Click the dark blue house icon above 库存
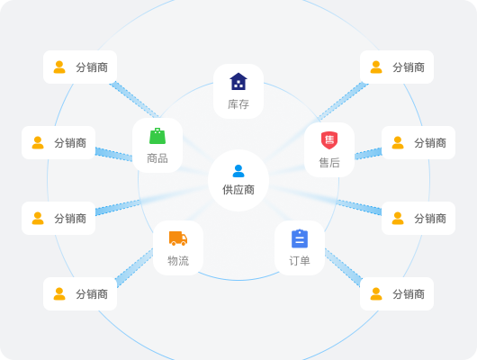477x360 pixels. [238, 81]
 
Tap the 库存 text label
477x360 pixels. [238, 104]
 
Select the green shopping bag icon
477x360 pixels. [157, 136]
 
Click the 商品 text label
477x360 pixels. [157, 158]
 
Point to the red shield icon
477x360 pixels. [329, 140]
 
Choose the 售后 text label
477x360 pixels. [329, 163]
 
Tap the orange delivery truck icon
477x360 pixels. [178, 238]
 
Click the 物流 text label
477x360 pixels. [178, 261]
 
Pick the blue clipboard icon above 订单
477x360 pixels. [300, 238]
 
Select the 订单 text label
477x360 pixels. [300, 261]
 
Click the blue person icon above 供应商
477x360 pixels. [238, 171]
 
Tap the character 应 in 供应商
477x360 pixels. [238, 190]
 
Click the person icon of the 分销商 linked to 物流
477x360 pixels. [59, 294]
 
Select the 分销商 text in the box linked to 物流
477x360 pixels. [92, 294]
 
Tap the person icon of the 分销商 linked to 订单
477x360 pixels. [376, 294]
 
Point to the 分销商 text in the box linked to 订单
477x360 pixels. [409, 294]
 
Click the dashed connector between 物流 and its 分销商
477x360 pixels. [134, 267]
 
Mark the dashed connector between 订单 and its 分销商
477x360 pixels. [343, 267]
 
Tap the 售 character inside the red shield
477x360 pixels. [329, 139]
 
